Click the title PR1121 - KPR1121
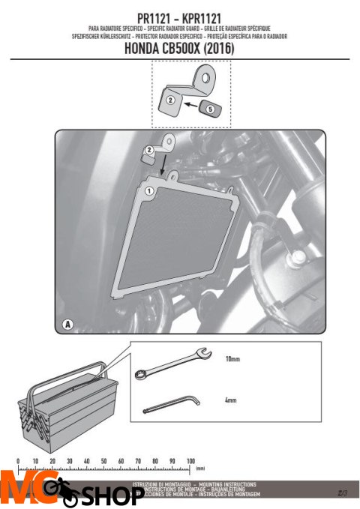(180, 16)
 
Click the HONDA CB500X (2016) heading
(180, 49)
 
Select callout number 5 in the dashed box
(210, 109)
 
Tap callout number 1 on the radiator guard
(148, 191)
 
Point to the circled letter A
(68, 325)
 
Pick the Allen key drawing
(170, 405)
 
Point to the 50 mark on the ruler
(104, 460)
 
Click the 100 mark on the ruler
(190, 460)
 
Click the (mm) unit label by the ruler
(201, 468)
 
